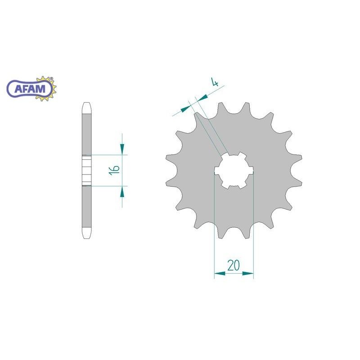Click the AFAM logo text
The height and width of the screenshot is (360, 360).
click(30, 89)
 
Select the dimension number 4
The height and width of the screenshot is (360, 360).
click(215, 82)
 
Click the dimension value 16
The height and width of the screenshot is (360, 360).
click(115, 170)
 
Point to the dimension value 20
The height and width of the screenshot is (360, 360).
click(234, 265)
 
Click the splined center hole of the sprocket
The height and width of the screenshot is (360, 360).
click(234, 171)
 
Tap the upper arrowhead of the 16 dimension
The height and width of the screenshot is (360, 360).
click(122, 149)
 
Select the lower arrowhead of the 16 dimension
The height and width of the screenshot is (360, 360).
click(122, 192)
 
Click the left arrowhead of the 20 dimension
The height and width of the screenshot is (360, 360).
click(220, 274)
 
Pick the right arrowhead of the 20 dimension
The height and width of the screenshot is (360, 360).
click(248, 274)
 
